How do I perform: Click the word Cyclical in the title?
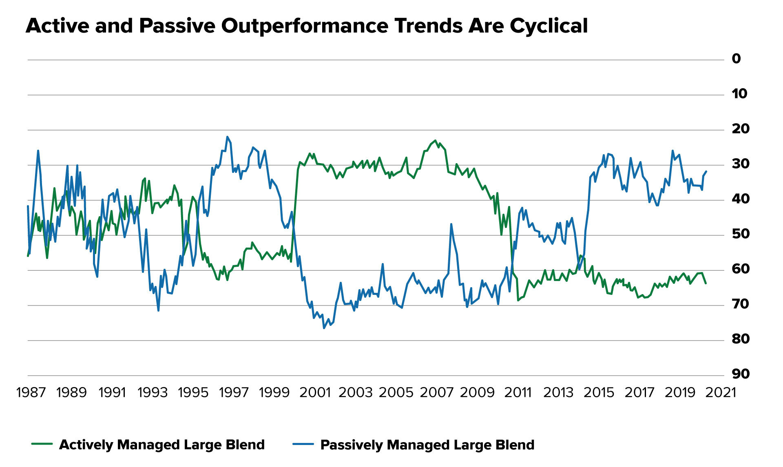pyautogui.click(x=548, y=26)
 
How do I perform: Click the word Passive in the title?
pyautogui.click(x=177, y=26)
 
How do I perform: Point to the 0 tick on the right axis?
pyautogui.click(x=736, y=59)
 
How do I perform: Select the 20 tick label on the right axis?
pyautogui.click(x=740, y=129)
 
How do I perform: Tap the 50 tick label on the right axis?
pyautogui.click(x=740, y=234)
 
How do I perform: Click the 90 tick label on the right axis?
pyautogui.click(x=740, y=374)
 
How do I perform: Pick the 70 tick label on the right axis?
pyautogui.click(x=740, y=304)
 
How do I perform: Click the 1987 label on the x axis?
pyautogui.click(x=31, y=392)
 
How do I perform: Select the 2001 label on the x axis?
pyautogui.click(x=315, y=392)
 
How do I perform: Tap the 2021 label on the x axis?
pyautogui.click(x=721, y=392)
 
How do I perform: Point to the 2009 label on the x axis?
pyautogui.click(x=477, y=392)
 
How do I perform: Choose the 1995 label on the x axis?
pyautogui.click(x=193, y=392)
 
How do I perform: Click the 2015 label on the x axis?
pyautogui.click(x=599, y=392)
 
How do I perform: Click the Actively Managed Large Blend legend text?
pyautogui.click(x=162, y=445)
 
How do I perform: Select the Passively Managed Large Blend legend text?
pyautogui.click(x=427, y=445)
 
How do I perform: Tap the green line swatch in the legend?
pyautogui.click(x=42, y=444)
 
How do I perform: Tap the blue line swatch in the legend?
pyautogui.click(x=303, y=444)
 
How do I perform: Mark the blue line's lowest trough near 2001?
pyautogui.click(x=324, y=328)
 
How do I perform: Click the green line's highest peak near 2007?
pyautogui.click(x=435, y=140)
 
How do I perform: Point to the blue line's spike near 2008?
pyautogui.click(x=451, y=224)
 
